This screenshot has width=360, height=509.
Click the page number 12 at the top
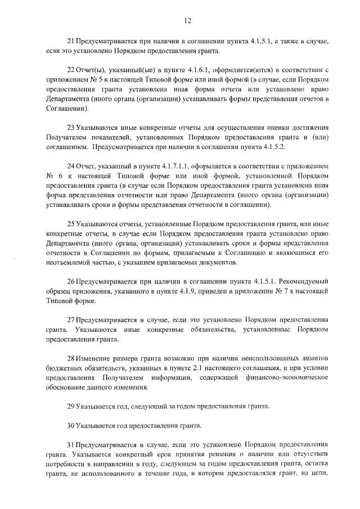[188, 21]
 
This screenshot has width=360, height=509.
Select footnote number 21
[70, 42]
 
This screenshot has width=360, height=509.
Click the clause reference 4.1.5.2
[258, 146]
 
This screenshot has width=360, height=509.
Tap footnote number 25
[70, 224]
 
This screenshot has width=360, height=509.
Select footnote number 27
[70, 320]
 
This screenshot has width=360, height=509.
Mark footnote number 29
[70, 406]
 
